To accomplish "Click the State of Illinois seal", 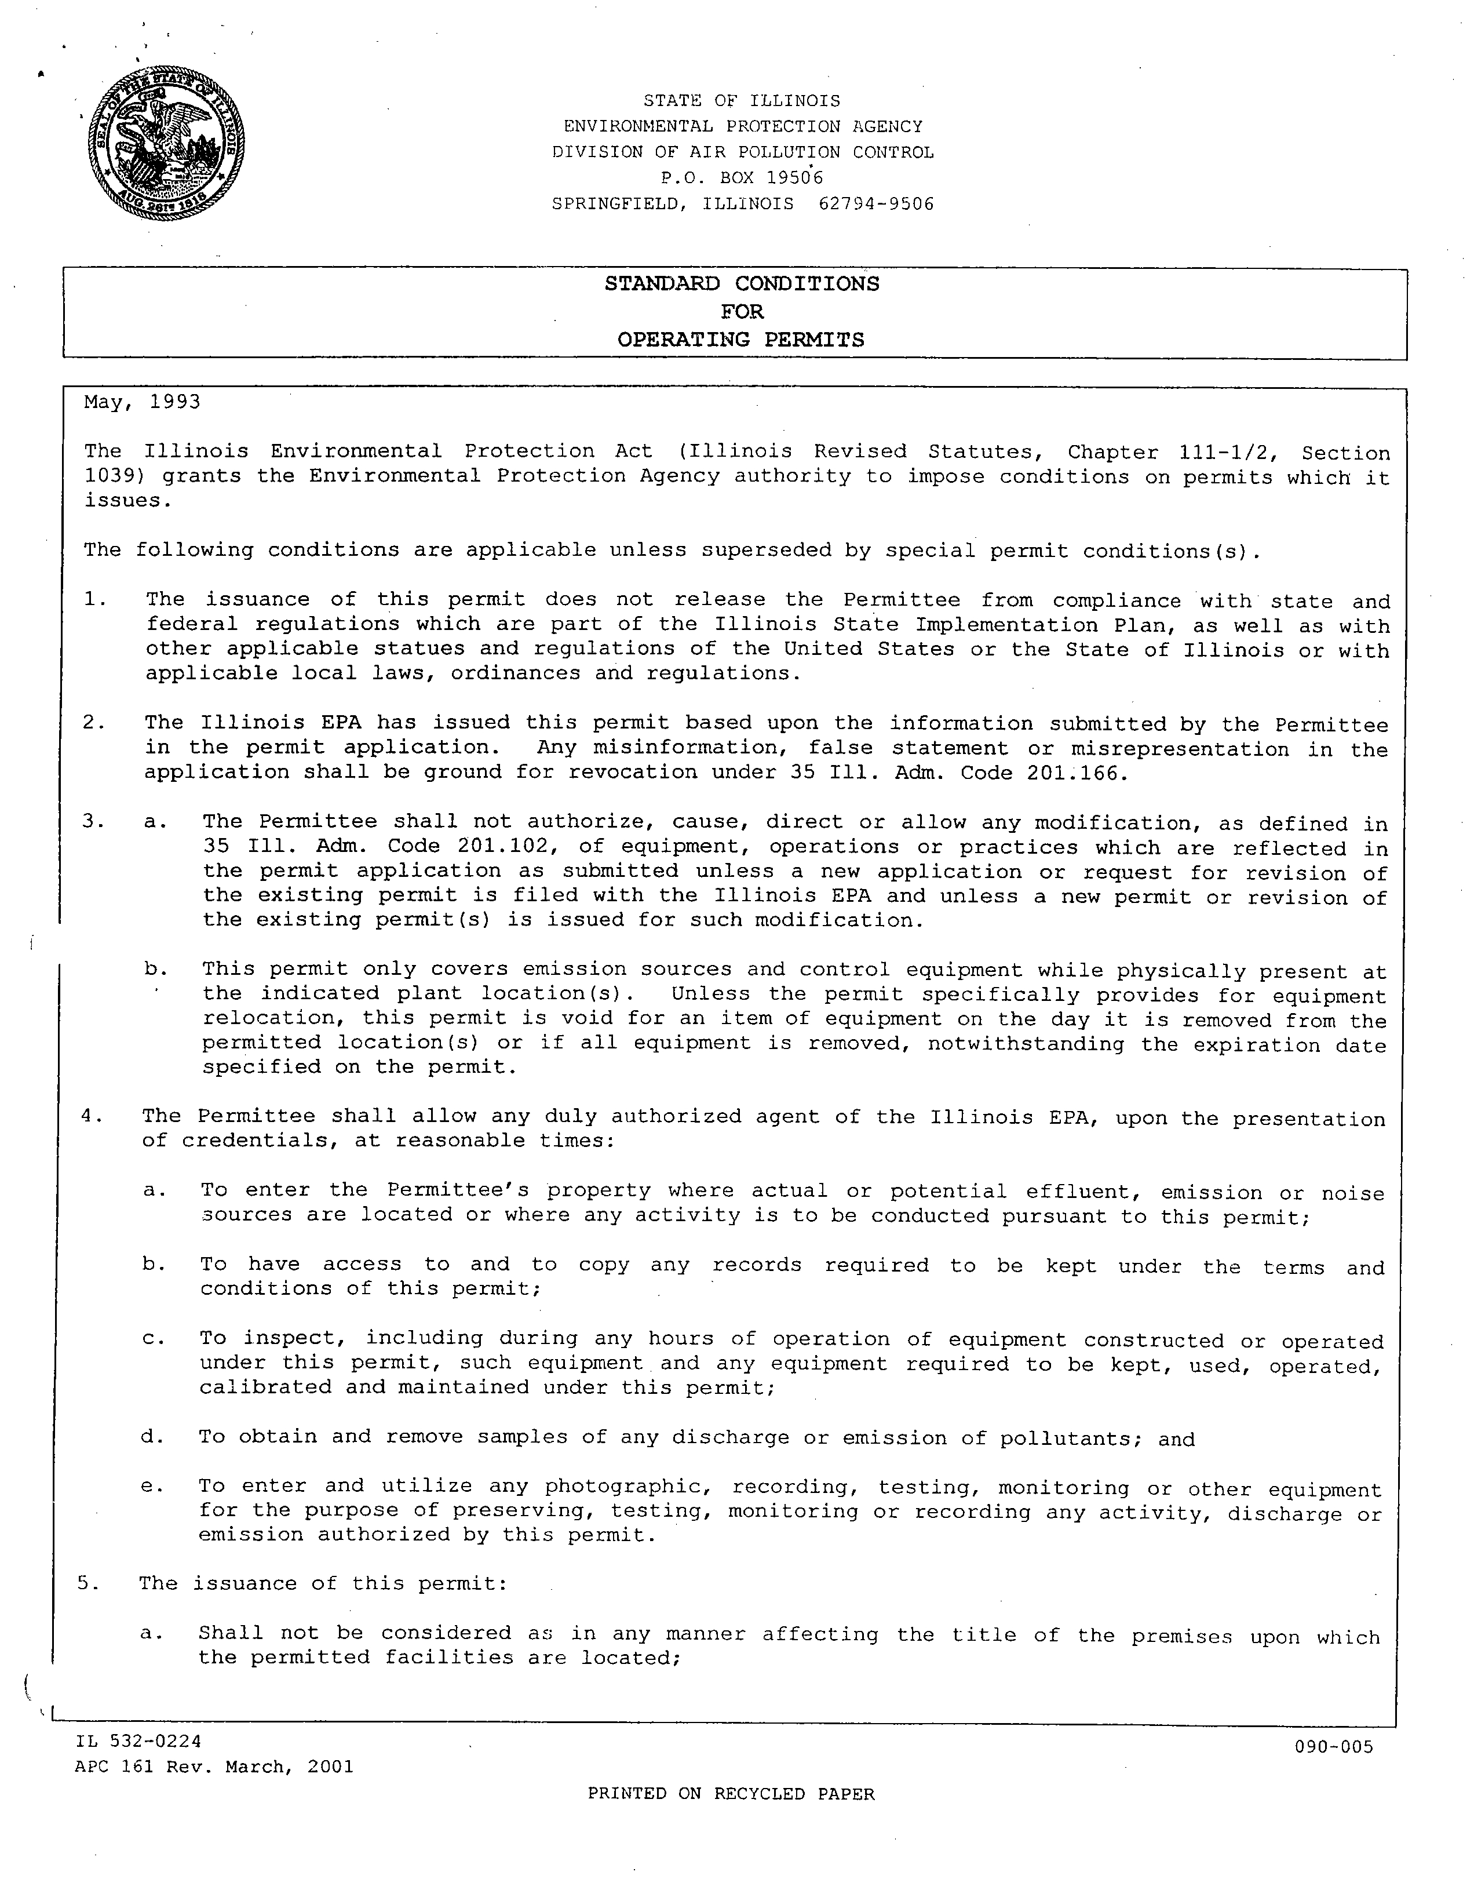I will [x=165, y=144].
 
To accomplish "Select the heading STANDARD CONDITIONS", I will [x=742, y=284].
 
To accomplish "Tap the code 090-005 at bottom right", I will [x=1333, y=1746].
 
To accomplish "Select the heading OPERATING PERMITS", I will [x=742, y=340].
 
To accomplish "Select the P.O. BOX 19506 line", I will [x=742, y=177].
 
